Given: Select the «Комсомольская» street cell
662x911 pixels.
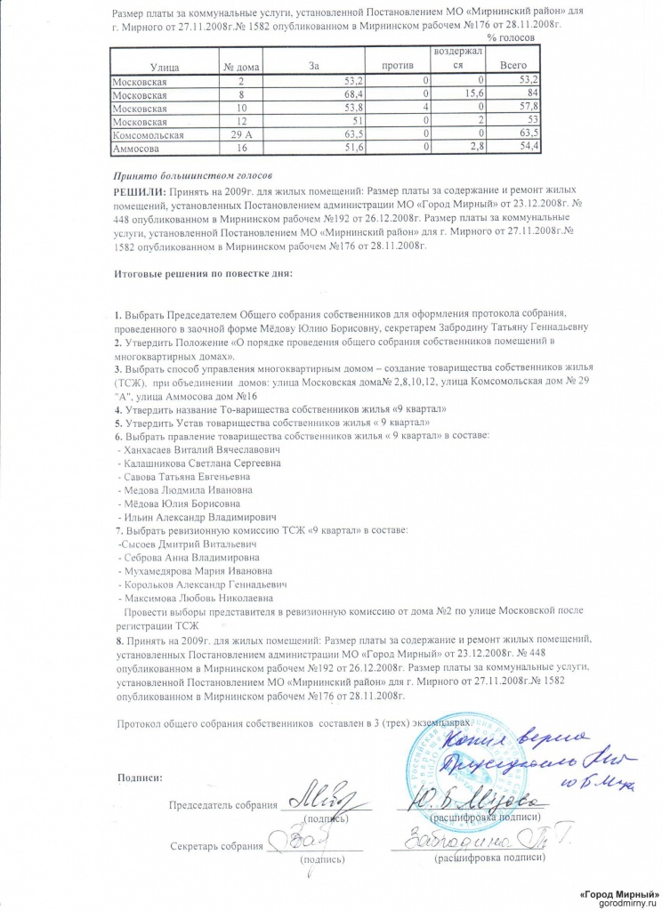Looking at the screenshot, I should (148, 134).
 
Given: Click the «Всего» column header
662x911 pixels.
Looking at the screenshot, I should (513, 67).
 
